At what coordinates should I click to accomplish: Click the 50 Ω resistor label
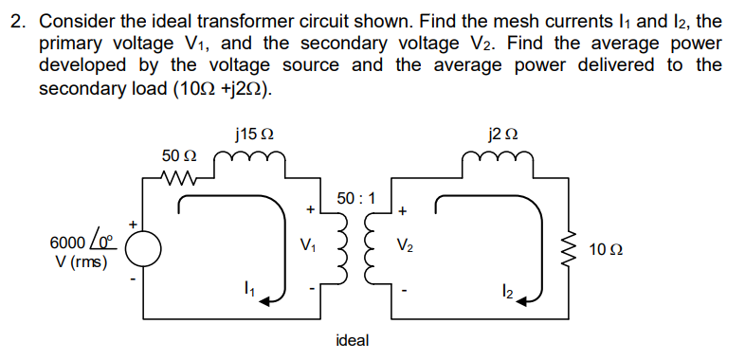(179, 154)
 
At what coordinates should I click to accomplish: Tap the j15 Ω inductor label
(248, 133)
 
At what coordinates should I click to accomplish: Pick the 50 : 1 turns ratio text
(355, 199)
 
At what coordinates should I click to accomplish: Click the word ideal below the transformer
(353, 339)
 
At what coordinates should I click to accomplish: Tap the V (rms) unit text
(81, 261)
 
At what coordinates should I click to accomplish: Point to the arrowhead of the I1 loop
(272, 298)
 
